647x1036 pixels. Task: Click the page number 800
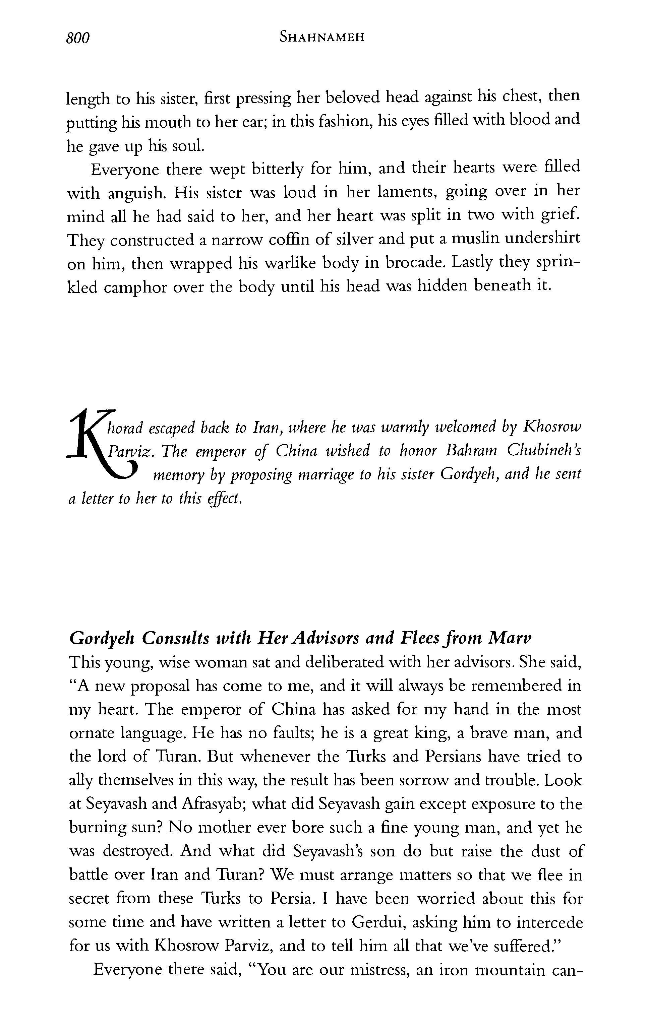(78, 39)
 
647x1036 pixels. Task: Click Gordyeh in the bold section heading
(102, 638)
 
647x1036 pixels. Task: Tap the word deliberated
(297, 662)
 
